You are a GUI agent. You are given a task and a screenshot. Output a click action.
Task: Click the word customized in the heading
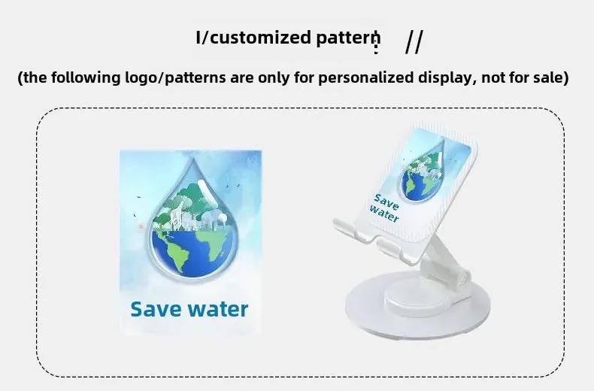[x=260, y=38]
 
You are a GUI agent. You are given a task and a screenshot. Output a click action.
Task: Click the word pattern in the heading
[x=348, y=38]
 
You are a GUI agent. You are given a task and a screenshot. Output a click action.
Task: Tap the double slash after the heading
[x=414, y=41]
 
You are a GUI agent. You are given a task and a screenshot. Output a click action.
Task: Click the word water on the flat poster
[x=218, y=309]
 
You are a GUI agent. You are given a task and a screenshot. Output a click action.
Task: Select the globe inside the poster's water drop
[x=192, y=251]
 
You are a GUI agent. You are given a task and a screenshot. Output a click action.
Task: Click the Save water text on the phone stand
[x=385, y=208]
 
